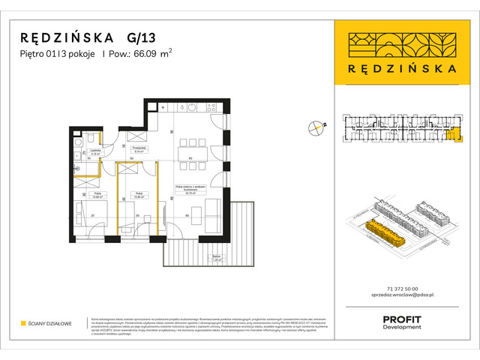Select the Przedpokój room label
(x=136, y=149)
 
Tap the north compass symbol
(x=316, y=127)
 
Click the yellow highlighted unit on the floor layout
(x=450, y=134)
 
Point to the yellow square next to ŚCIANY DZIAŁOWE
(x=24, y=323)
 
